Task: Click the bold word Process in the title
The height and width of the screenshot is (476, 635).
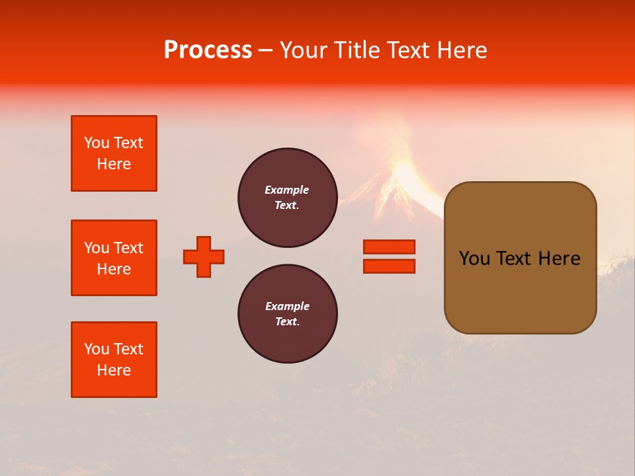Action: [x=208, y=50]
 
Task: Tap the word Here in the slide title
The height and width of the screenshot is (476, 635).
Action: [x=461, y=50]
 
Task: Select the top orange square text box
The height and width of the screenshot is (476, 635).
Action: [x=114, y=153]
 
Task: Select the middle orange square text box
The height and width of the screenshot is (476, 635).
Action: [x=114, y=258]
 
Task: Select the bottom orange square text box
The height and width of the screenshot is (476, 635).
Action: [x=114, y=360]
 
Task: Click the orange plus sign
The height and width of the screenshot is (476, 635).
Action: [x=204, y=257]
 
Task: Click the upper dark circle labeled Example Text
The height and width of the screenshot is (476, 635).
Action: [x=288, y=197]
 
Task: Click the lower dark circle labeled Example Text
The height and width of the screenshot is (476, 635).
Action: [x=288, y=313]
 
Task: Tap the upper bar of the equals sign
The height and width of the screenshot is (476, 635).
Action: [x=389, y=247]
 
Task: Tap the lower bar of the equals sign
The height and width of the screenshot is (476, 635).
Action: [x=389, y=266]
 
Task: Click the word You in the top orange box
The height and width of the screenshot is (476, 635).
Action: [x=97, y=143]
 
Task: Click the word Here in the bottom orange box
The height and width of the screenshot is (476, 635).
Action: [x=114, y=370]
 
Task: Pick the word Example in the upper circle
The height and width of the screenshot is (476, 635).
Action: [x=287, y=190]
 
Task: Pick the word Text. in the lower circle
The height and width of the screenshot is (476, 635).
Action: [x=287, y=321]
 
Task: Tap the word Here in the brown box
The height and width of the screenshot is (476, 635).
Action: [x=559, y=258]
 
